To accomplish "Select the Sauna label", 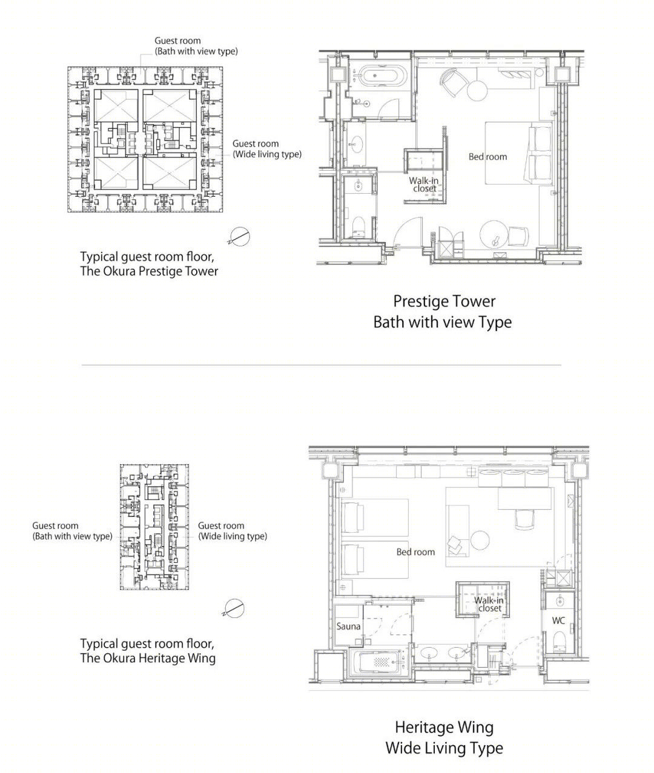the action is [348, 626].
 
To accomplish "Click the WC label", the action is [558, 621].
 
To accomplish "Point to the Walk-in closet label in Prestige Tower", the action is [424, 185].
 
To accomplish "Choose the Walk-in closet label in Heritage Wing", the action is [489, 604].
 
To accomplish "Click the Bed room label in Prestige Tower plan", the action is [487, 157].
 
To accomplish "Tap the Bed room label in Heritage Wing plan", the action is [415, 552].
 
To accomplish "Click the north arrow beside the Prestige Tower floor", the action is [239, 236].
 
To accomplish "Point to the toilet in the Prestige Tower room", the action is [359, 226].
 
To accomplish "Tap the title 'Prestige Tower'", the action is [444, 301].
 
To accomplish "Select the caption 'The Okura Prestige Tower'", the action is [149, 271].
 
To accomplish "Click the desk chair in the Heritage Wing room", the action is [524, 519].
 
